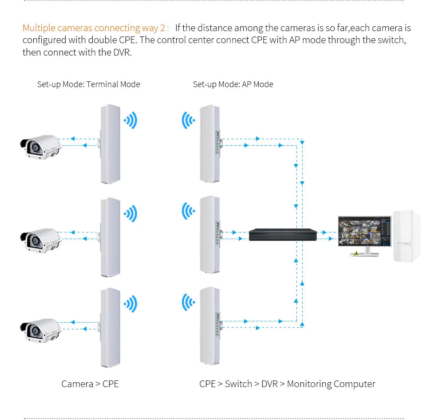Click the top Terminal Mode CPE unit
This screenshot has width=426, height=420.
point(110,144)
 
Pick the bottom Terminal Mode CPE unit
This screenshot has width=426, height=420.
point(110,328)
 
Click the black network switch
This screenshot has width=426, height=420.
point(283,234)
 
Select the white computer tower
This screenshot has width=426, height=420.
point(406,236)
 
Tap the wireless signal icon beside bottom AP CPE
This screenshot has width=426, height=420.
point(188,302)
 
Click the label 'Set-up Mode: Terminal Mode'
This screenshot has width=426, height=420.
point(88,84)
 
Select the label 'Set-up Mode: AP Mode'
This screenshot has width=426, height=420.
point(233,84)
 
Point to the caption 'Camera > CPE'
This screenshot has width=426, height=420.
point(90,384)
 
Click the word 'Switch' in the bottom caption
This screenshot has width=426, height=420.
point(238,384)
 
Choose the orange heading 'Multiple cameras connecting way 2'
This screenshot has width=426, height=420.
point(94,28)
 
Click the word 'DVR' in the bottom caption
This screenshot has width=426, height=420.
point(269,384)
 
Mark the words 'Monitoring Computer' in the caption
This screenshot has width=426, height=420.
point(331,384)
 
